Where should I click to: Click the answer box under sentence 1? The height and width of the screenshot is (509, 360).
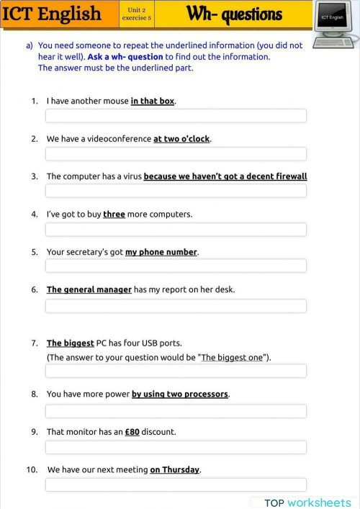[176, 116]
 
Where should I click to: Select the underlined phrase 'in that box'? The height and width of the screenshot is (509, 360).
[153, 102]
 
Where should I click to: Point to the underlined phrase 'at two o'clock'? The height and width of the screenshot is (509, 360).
[182, 139]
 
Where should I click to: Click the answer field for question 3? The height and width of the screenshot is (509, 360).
[176, 191]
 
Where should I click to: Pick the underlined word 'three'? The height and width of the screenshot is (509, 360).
[114, 214]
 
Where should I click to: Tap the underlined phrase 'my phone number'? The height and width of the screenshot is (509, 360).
[161, 252]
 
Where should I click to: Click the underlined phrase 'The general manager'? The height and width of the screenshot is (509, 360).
[89, 289]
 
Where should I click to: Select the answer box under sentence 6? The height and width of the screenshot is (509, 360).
[176, 306]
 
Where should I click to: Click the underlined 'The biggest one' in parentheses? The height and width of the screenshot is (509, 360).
[233, 357]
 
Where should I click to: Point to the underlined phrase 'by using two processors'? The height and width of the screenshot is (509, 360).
[180, 395]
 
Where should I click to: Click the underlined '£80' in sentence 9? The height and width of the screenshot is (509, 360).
[132, 432]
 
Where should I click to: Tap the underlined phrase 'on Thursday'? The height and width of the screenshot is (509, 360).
[175, 469]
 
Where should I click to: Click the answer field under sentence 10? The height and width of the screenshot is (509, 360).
[176, 485]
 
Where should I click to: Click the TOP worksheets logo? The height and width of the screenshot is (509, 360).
[307, 502]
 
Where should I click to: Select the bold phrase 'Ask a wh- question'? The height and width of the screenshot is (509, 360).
[125, 57]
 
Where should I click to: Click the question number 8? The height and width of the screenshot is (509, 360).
[34, 395]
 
